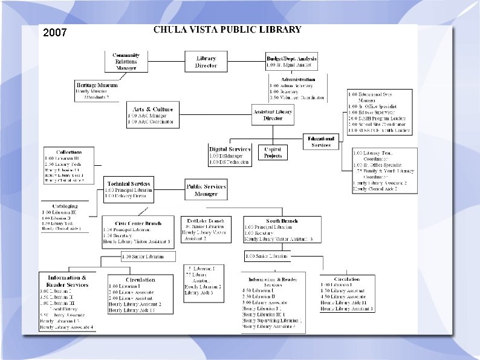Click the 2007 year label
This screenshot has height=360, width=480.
click(55, 33)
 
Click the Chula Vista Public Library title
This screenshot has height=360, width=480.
click(227, 29)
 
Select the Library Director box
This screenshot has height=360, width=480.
click(206, 62)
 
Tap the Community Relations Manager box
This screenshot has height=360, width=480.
click(126, 61)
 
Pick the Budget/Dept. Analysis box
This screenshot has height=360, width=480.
click(291, 61)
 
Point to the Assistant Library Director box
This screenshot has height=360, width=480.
click(273, 114)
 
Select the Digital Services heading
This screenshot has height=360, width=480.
click(230, 148)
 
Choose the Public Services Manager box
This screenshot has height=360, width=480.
click(206, 190)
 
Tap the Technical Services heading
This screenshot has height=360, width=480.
click(129, 183)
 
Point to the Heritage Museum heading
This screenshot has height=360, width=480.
click(97, 85)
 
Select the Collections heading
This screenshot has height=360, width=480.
click(69, 151)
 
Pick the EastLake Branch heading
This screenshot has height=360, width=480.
click(206, 221)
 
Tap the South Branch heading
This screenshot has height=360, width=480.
click(282, 221)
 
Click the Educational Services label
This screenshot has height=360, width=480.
click(321, 142)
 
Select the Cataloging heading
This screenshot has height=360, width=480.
click(65, 206)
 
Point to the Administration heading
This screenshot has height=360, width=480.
click(298, 79)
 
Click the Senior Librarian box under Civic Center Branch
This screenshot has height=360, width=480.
click(143, 257)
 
